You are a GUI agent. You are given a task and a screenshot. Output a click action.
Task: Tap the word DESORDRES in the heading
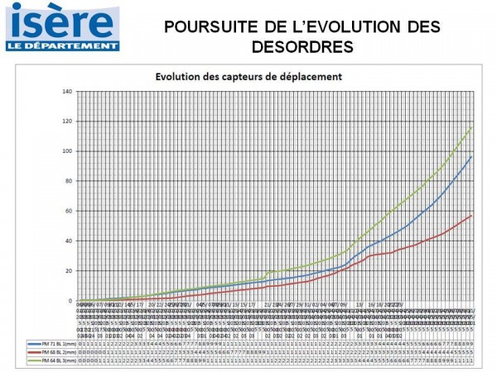coord(301,45)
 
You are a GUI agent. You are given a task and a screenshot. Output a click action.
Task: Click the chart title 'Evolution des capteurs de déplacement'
coord(249,78)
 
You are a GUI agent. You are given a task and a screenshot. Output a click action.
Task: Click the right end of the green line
coord(472,127)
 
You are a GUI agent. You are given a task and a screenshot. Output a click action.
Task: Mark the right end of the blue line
coord(472,156)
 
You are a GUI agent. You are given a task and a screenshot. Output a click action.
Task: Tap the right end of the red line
coord(472,215)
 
